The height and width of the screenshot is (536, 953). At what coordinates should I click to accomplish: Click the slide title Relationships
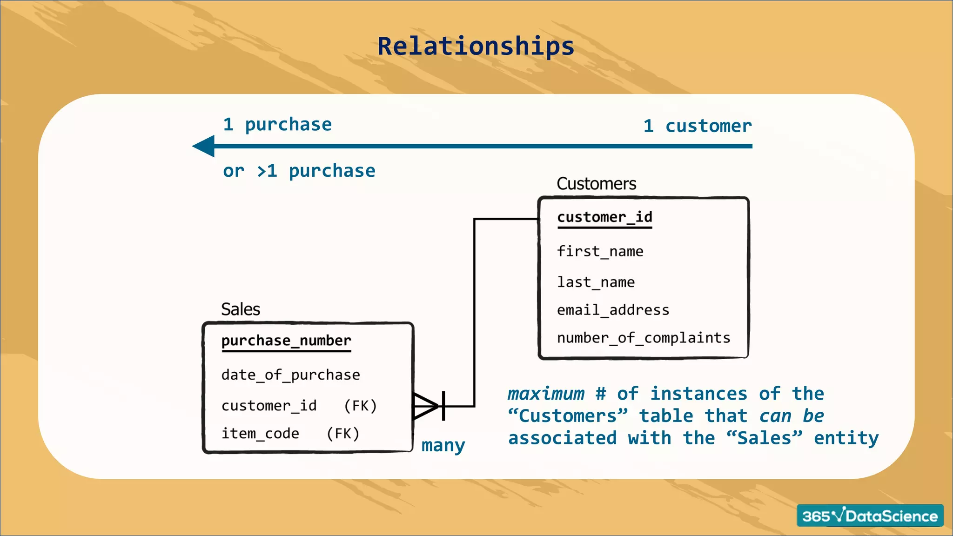[x=476, y=47]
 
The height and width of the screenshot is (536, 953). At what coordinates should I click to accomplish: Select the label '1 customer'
[x=697, y=126]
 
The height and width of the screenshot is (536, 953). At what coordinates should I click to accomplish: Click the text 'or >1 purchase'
[x=299, y=171]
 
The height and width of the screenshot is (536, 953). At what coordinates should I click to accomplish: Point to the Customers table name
[x=596, y=184]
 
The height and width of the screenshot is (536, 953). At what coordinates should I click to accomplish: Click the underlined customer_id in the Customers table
[x=604, y=217]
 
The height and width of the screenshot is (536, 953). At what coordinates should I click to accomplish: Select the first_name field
[x=600, y=252]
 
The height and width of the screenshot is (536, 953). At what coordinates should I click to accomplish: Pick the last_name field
[x=596, y=282]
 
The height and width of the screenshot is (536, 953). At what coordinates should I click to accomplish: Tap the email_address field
[x=613, y=310]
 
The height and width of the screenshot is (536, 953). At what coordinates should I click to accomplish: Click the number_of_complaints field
[x=644, y=338]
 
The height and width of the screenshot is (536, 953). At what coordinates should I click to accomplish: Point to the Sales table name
[x=240, y=309]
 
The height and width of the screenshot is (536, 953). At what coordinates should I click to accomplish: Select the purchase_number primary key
[x=286, y=341]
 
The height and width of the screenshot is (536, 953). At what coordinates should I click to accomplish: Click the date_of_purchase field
[x=290, y=375]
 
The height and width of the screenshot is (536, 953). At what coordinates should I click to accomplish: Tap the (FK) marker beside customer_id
[x=360, y=406]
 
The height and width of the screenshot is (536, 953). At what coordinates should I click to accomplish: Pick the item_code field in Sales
[x=260, y=434]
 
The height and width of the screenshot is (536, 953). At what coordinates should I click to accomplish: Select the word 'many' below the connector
[x=443, y=446]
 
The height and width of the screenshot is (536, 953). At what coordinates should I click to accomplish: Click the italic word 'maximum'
[x=546, y=394]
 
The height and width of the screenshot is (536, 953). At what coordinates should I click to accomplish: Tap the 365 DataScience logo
[x=870, y=516]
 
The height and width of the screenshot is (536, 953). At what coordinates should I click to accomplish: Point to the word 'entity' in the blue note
[x=846, y=438]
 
